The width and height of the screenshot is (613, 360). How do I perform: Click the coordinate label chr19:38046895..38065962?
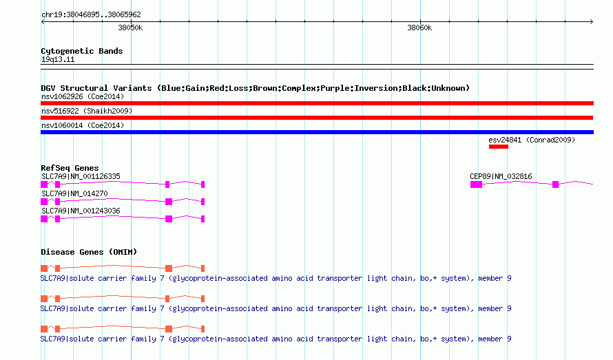(x=91, y=14)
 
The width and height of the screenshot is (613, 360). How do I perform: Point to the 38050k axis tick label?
(x=130, y=28)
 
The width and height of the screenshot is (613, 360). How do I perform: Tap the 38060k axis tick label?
(x=419, y=28)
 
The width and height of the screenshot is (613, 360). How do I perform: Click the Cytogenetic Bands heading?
(x=82, y=51)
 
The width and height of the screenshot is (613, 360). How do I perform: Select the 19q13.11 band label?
(x=58, y=59)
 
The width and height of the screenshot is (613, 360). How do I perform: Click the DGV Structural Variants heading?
(x=255, y=88)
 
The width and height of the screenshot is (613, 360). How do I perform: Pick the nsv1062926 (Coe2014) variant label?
(x=83, y=96)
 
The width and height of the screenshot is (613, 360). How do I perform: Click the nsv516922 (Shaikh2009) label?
(x=87, y=111)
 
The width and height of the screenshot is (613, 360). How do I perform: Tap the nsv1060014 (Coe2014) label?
(x=83, y=125)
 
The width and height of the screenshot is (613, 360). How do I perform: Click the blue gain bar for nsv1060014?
(x=317, y=132)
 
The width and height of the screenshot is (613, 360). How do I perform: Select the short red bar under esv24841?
(x=499, y=147)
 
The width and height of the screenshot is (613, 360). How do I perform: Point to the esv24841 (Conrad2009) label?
(x=532, y=140)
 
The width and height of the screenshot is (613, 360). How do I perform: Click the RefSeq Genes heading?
(x=70, y=168)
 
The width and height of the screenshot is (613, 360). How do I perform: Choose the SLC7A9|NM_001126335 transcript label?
(x=81, y=176)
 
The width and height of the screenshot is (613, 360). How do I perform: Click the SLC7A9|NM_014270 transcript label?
(x=74, y=193)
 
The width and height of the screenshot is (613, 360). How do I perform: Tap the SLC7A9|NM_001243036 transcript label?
(x=81, y=211)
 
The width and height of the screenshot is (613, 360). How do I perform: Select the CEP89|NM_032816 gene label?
(x=501, y=176)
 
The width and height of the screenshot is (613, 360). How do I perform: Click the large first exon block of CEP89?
(x=476, y=184)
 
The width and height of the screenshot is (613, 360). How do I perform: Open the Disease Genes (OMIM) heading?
(x=89, y=252)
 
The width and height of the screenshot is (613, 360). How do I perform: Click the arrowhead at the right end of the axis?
(x=592, y=21)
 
